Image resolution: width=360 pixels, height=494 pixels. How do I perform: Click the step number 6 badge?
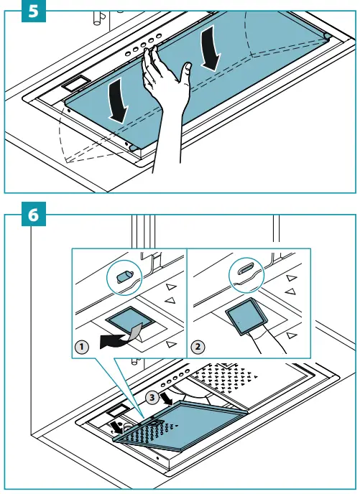click(34, 214)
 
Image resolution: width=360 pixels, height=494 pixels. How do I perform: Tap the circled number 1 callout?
click(82, 348)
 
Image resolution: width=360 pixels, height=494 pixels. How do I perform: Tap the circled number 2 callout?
click(198, 347)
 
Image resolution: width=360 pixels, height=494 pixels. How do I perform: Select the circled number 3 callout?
click(152, 398)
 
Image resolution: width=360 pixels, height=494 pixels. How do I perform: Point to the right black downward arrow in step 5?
click(211, 48)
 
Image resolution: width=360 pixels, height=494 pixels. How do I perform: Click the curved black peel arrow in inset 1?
click(114, 341)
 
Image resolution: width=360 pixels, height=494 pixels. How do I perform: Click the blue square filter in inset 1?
click(130, 317)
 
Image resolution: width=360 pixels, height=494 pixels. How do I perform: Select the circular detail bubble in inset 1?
click(124, 278)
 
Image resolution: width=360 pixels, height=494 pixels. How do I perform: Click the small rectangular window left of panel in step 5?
click(75, 83)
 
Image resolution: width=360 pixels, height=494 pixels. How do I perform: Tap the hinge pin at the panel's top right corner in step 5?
click(327, 36)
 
